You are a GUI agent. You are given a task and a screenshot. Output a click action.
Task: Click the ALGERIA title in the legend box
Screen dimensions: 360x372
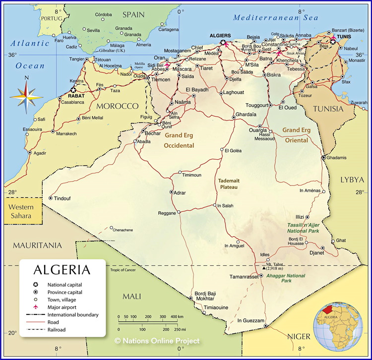tap(62, 270)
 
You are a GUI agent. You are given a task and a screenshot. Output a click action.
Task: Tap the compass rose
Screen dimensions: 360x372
tap(26, 94)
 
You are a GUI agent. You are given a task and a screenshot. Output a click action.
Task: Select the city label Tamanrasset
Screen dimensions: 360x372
tap(245, 276)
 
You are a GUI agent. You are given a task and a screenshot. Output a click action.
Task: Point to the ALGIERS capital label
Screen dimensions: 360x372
tap(221, 36)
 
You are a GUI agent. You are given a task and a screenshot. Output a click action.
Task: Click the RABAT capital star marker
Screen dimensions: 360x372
tap(73, 90)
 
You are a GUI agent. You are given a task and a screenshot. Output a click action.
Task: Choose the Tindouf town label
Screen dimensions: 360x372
tap(62, 198)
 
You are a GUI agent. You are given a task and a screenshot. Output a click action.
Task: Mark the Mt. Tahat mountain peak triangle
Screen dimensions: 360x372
tap(264, 268)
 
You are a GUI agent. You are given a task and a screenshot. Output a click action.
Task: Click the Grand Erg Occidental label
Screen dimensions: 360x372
tap(179, 140)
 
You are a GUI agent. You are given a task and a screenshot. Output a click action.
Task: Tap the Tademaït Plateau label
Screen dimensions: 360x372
tap(228, 184)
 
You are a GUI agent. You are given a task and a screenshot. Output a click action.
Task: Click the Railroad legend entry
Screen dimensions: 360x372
tap(57, 329)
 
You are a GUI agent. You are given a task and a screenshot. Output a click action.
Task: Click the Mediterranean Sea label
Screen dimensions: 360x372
tap(276, 17)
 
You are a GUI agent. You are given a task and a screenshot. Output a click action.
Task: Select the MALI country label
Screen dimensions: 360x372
tap(131, 296)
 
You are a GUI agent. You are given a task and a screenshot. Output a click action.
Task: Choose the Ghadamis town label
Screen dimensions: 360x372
tap(337, 158)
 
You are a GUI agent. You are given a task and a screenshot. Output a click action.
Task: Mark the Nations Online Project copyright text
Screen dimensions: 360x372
tap(157, 341)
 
